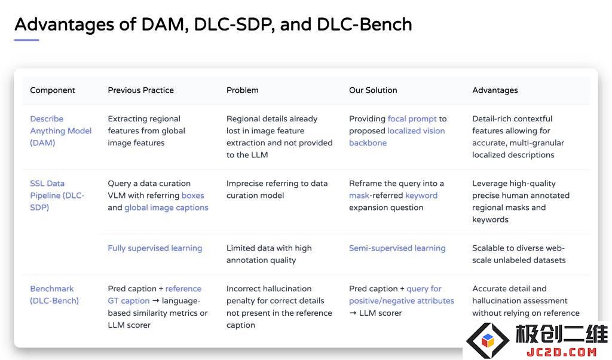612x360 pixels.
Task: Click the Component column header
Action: click(x=53, y=90)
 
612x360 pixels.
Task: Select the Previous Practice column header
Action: click(x=140, y=90)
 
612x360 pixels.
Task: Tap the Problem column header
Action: click(x=243, y=90)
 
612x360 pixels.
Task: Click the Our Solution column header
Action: click(x=373, y=90)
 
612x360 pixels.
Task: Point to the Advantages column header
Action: click(x=495, y=90)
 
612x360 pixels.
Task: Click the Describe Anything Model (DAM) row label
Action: click(x=60, y=131)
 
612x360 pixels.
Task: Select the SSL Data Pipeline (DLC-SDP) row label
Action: click(x=57, y=195)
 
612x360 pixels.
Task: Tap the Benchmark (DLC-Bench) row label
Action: click(x=54, y=295)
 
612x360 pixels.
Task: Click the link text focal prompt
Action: click(x=412, y=119)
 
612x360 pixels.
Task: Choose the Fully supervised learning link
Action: click(x=155, y=248)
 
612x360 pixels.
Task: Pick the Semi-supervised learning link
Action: click(x=397, y=248)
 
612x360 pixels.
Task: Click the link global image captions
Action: click(x=166, y=208)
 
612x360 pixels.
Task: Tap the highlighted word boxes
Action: click(x=193, y=195)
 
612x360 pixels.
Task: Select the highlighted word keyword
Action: click(x=421, y=196)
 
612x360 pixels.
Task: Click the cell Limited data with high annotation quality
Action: click(x=269, y=254)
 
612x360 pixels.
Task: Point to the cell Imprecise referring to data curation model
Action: click(x=277, y=190)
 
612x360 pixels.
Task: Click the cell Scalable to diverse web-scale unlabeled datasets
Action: click(x=519, y=254)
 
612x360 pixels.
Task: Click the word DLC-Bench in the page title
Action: click(x=364, y=24)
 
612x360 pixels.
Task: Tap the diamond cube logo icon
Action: click(x=488, y=340)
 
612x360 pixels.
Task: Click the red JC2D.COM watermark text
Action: click(x=561, y=352)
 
